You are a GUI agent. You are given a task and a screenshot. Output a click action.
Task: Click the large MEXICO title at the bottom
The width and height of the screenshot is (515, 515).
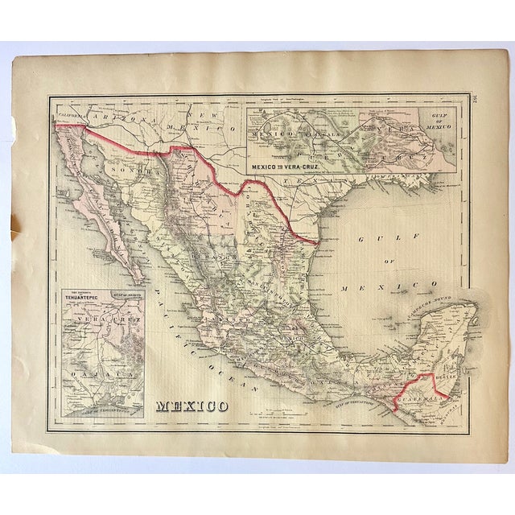tap(192, 405)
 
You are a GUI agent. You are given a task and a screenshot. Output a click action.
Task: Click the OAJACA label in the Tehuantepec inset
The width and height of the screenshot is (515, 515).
tap(95, 374)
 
